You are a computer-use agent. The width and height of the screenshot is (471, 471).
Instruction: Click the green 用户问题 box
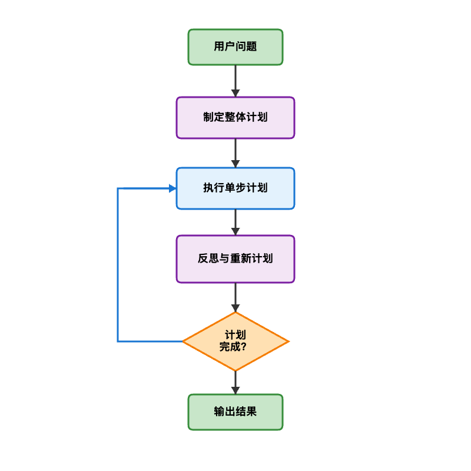coord(235,47)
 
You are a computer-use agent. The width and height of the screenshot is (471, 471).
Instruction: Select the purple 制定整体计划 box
coord(235,118)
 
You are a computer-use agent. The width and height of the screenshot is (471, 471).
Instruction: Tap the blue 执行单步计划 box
coord(235,188)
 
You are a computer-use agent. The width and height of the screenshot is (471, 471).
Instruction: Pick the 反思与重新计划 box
coord(235,259)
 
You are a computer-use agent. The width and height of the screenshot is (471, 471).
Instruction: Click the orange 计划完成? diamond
coord(235,341)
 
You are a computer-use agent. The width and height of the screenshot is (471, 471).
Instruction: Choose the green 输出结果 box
coord(235,412)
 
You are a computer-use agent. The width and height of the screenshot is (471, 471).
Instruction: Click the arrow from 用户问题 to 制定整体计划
coord(235,80)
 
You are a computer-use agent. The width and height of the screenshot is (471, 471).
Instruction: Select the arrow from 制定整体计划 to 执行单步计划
coord(235,152)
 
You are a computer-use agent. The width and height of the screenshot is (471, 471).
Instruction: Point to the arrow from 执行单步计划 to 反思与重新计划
coord(235,221)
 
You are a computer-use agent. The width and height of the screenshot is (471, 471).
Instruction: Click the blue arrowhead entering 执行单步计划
coord(173,188)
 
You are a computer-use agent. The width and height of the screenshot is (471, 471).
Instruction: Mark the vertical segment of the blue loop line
coord(118,265)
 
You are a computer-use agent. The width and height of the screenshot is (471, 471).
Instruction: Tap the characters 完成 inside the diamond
coord(230,347)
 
